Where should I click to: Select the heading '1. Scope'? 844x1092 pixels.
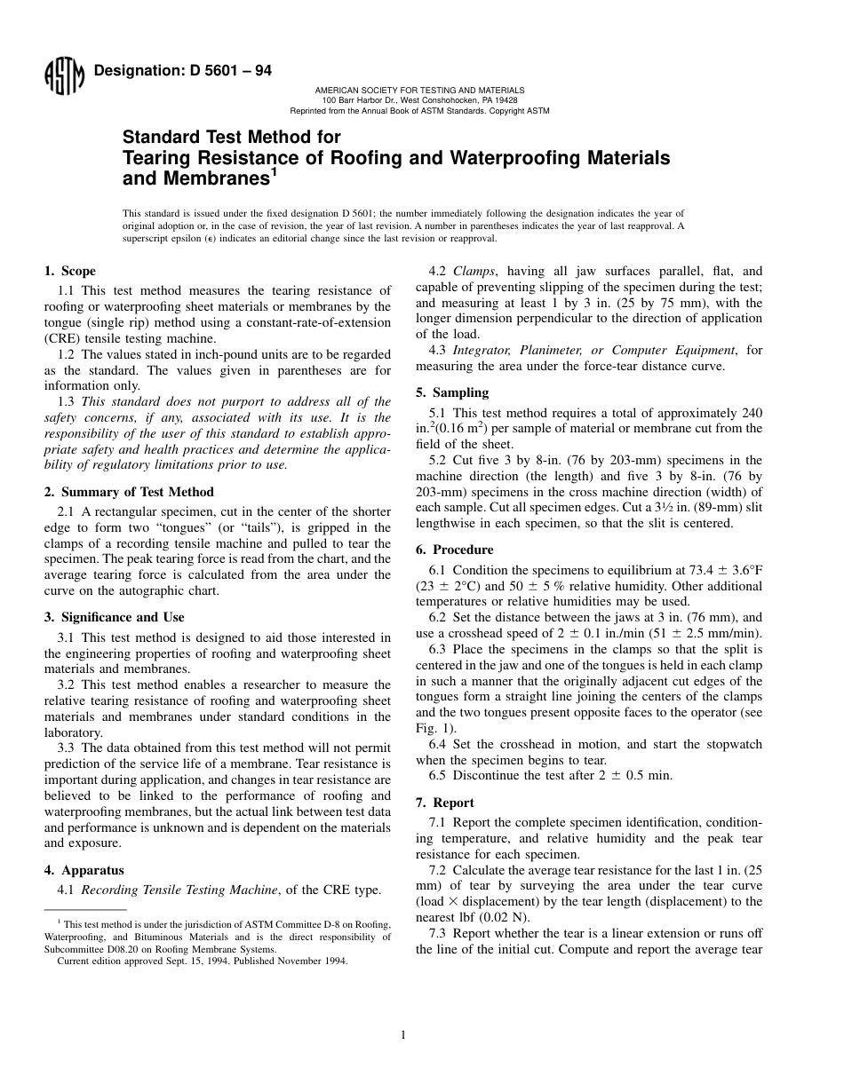pos(70,271)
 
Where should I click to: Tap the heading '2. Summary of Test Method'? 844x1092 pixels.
pos(129,492)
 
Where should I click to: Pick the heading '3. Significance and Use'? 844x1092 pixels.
pos(115,617)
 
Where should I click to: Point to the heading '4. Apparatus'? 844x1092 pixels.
pos(84,870)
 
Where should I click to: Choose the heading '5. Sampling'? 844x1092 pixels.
pos(453,392)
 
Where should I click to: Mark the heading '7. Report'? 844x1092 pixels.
pos(445,803)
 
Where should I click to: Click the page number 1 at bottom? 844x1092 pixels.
pos(402,1034)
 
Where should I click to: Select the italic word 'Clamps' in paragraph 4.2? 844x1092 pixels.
pos(474,271)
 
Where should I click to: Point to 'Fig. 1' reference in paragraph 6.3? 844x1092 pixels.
pos(432,728)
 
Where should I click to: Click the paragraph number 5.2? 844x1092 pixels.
pos(439,460)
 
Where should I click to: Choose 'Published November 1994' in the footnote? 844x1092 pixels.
pos(298,960)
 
